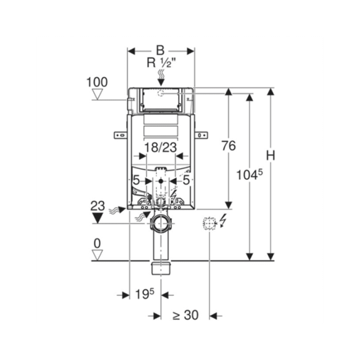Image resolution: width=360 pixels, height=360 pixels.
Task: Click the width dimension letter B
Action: [160, 51]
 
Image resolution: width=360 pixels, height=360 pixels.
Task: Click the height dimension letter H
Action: [270, 155]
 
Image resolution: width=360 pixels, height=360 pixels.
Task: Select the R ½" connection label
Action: [161, 63]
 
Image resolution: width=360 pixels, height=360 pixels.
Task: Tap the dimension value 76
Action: [229, 145]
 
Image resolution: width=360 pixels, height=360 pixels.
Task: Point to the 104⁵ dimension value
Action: [250, 175]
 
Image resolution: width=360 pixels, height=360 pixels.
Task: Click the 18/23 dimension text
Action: [160, 148]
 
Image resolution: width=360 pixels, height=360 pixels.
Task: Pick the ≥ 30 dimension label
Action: [185, 315]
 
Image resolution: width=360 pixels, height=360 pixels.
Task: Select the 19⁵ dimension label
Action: [145, 294]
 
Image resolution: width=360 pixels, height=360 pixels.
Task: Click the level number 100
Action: [97, 82]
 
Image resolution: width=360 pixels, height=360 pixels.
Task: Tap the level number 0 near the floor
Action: [97, 243]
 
